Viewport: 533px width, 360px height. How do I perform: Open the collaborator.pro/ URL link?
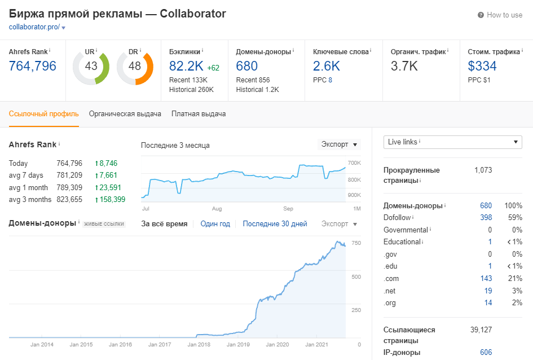pyautogui.click(x=34, y=27)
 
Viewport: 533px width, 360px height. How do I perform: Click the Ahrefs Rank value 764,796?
pyautogui.click(x=33, y=66)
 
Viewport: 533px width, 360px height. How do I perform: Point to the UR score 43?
pyautogui.click(x=91, y=66)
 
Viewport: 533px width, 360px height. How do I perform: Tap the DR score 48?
pyautogui.click(x=134, y=66)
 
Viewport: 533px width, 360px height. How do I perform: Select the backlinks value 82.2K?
pyautogui.click(x=186, y=66)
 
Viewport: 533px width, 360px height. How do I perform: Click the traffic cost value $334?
pyautogui.click(x=482, y=66)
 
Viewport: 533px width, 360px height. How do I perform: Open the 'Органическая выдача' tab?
pyautogui.click(x=125, y=114)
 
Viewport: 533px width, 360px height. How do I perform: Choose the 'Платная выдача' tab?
pyautogui.click(x=199, y=114)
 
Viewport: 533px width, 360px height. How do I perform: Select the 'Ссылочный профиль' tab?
pyautogui.click(x=44, y=114)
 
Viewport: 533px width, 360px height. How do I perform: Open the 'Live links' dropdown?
pyautogui.click(x=452, y=142)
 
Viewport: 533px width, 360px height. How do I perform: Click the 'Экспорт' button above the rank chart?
pyautogui.click(x=338, y=144)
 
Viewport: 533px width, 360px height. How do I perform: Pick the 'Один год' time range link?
pyautogui.click(x=215, y=224)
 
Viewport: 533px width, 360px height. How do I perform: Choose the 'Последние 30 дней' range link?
pyautogui.click(x=275, y=224)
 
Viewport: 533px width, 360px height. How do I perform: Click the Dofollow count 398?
pyautogui.click(x=486, y=218)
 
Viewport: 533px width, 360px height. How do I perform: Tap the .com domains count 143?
pyautogui.click(x=486, y=278)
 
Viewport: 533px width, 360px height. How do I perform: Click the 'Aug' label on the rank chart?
pyautogui.click(x=217, y=208)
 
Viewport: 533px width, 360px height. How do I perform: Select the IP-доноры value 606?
pyautogui.click(x=486, y=353)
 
